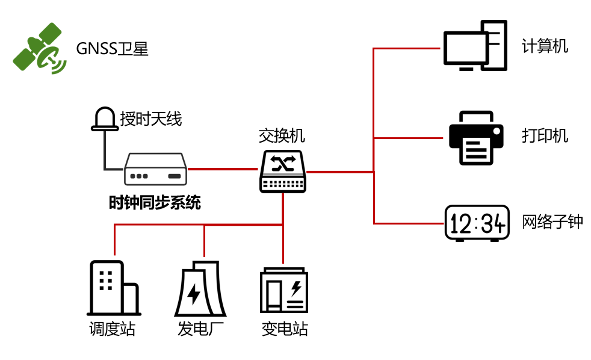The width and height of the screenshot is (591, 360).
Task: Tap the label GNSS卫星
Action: point(112,49)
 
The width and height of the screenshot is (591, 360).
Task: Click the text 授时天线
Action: point(151,119)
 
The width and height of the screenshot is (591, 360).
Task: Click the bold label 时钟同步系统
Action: point(155,203)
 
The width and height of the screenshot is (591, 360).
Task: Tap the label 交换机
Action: point(282,135)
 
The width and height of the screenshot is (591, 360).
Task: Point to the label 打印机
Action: point(545,135)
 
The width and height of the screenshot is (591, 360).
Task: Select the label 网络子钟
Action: point(552,222)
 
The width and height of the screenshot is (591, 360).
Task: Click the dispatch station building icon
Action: point(114,288)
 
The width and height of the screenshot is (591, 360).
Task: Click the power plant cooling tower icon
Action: point(200,290)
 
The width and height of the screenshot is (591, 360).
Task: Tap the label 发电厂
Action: point(200,329)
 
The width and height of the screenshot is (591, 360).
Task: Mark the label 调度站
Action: point(112,329)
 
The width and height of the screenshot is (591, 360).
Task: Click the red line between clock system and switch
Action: point(223,169)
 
